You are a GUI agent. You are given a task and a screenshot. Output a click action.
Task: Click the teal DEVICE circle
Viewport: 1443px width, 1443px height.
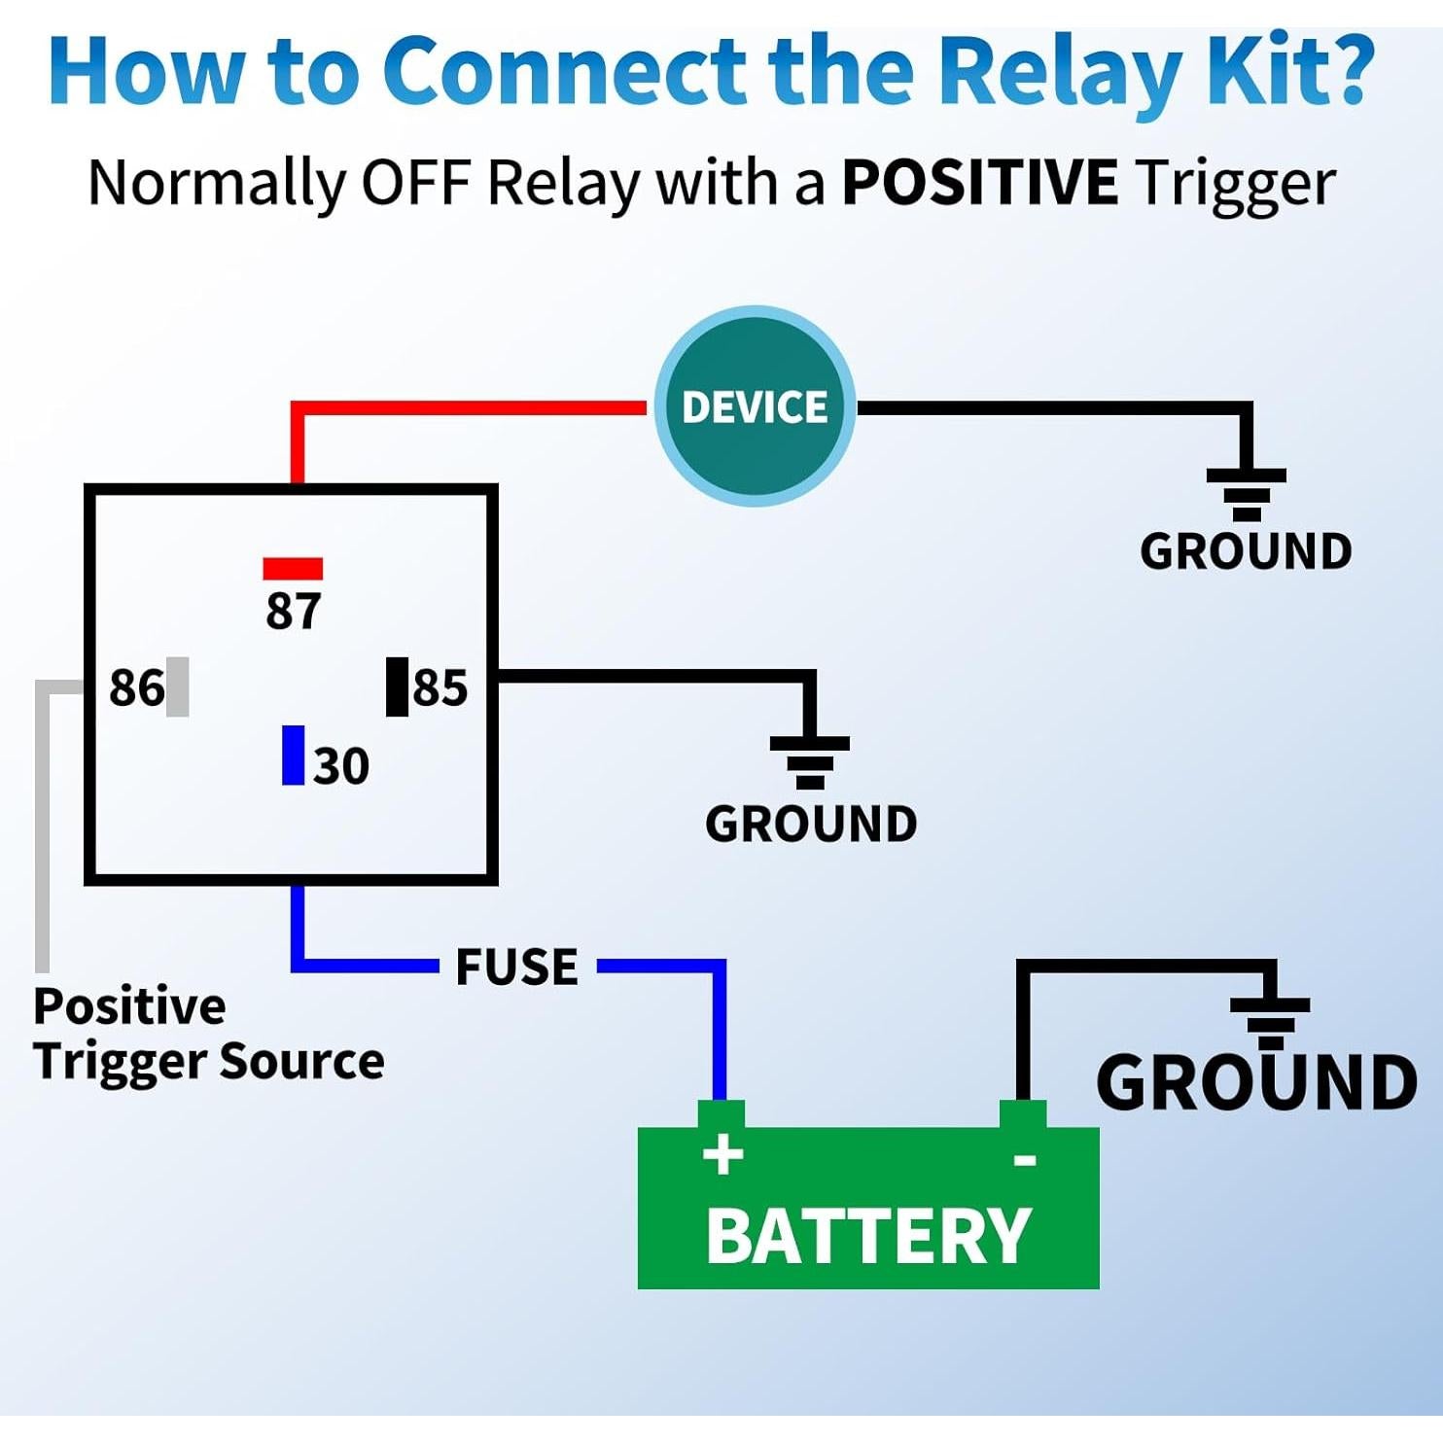755,406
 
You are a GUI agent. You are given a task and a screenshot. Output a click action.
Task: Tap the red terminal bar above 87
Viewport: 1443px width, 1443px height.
293,568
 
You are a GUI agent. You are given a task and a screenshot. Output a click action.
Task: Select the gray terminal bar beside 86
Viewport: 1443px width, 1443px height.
178,686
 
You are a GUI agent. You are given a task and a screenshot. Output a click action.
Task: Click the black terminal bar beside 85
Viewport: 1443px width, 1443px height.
397,686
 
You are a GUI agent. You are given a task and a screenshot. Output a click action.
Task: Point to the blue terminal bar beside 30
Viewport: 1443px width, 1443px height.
293,755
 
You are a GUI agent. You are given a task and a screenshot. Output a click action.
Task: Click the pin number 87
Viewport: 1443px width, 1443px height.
293,612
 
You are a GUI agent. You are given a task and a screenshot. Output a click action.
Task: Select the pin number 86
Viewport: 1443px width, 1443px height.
136,687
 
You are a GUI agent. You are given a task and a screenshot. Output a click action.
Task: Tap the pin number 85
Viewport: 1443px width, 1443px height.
440,687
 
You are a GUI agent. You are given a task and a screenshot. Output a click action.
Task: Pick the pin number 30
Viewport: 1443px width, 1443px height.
341,766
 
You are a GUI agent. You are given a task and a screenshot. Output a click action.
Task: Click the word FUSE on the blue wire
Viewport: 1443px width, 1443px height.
516,967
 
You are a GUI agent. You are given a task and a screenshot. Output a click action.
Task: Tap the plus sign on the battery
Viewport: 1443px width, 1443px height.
722,1155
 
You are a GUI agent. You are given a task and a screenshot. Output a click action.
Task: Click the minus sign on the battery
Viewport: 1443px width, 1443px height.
1025,1159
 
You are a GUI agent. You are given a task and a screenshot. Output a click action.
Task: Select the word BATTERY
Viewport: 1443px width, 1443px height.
867,1236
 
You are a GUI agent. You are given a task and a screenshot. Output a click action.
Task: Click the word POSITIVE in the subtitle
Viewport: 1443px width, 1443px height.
979,182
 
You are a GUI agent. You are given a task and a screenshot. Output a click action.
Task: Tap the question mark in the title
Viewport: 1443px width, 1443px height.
1344,70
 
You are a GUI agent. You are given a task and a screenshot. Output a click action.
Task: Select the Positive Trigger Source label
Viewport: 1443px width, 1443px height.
208,1033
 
